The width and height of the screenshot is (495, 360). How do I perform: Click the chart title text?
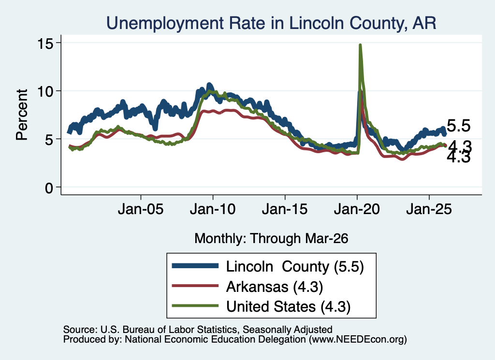tap(271, 23)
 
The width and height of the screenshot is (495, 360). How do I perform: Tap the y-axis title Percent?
tap(22, 115)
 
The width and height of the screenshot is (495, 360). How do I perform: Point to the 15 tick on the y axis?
tap(45, 43)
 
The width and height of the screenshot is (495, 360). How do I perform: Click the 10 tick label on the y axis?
tap(45, 91)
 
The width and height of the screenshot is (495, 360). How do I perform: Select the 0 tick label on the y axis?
tap(49, 188)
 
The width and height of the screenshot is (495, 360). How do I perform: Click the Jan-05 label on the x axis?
tap(141, 209)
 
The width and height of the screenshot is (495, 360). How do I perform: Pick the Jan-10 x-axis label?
tap(213, 209)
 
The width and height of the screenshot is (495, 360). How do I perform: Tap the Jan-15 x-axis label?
tap(285, 209)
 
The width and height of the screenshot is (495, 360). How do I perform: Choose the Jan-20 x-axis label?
tap(357, 209)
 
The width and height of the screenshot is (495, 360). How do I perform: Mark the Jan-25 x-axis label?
tap(429, 209)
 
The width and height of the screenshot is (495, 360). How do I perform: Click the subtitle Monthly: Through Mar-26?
tap(271, 239)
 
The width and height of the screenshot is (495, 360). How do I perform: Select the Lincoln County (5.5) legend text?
tap(295, 267)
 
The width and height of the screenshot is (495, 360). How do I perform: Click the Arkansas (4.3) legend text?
tap(275, 287)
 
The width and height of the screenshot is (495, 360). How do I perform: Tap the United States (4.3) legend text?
tap(288, 307)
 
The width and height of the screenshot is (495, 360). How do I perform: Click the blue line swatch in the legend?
tap(195, 266)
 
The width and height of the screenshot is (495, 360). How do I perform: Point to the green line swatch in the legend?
tap(195, 306)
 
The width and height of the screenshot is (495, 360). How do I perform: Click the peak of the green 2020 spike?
tap(360, 45)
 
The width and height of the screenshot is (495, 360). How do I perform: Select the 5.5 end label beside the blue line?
tap(459, 126)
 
